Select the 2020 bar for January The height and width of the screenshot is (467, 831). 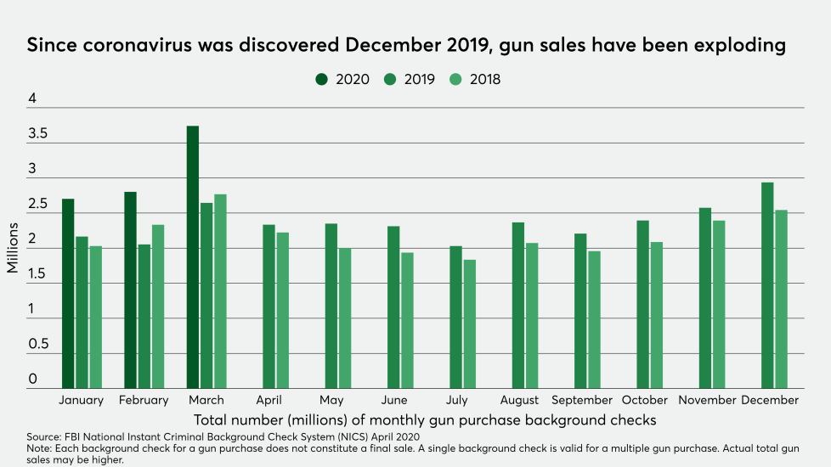68,294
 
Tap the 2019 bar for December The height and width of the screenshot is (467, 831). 767,285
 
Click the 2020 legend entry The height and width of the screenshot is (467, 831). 343,79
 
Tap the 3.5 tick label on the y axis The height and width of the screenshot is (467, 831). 37,134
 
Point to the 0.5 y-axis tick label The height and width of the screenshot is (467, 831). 37,345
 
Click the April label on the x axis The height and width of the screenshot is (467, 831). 269,400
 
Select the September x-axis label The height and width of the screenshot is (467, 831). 582,400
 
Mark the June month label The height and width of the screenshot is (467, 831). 394,400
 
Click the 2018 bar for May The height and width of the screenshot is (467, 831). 344,318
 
